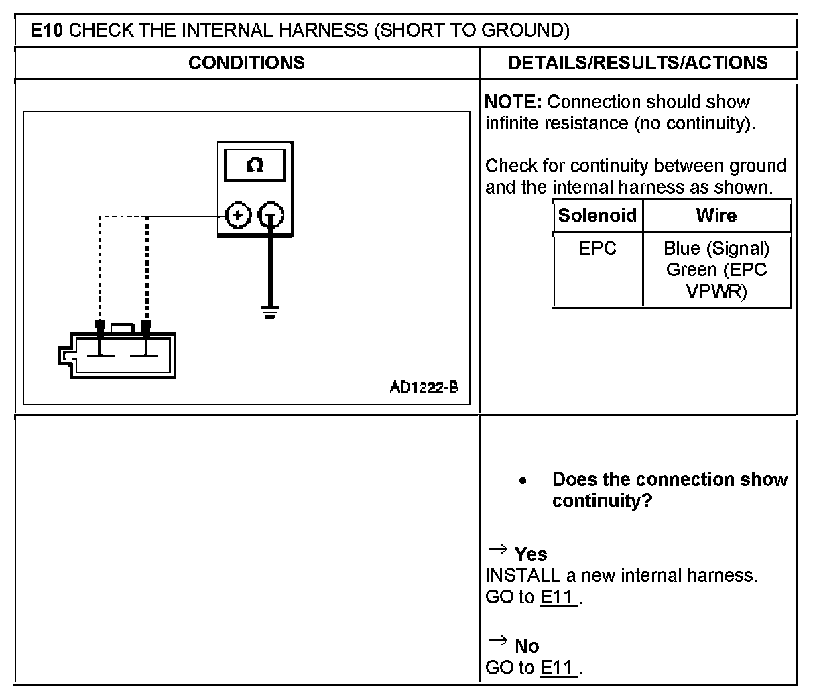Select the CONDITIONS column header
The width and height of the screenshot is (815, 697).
246,63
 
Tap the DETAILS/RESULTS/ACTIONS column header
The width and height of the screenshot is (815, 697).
637,63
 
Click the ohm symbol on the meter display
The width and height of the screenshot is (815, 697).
255,165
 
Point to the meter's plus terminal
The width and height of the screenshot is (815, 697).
238,216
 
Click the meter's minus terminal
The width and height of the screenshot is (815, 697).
271,216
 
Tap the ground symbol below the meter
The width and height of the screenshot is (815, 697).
270,312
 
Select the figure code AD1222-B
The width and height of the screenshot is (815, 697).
424,387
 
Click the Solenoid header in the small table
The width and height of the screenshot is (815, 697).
597,216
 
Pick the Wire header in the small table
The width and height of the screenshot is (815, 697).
716,216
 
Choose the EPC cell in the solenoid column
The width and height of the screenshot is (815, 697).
597,249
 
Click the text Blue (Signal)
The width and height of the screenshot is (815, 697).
716,249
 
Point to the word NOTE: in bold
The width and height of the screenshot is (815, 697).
513,102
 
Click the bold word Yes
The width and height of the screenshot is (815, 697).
531,554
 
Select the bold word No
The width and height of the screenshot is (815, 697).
527,646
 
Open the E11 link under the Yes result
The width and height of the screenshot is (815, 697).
558,597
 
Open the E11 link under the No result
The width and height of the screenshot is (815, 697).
558,668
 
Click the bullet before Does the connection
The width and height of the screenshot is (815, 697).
523,481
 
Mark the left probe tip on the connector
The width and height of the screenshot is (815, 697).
100,328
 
